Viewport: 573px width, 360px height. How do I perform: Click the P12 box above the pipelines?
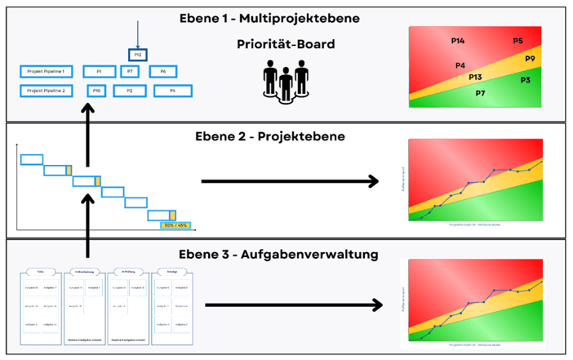pos(138,55)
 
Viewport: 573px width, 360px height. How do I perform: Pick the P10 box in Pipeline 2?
pos(97,91)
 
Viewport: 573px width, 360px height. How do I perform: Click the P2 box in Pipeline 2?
pos(130,91)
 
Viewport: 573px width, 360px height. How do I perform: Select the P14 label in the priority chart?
pos(458,41)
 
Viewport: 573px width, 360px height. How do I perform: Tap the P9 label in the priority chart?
pos(530,59)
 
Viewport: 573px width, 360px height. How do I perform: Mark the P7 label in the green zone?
pos(480,93)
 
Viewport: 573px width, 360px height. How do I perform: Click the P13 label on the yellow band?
pos(475,77)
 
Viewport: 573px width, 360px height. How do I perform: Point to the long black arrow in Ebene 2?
pos(290,180)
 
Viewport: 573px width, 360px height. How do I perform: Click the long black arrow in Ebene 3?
pos(294,305)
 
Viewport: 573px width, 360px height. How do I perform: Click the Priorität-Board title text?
pos(286,44)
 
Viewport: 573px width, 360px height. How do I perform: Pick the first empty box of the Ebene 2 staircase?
pos(32,159)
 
